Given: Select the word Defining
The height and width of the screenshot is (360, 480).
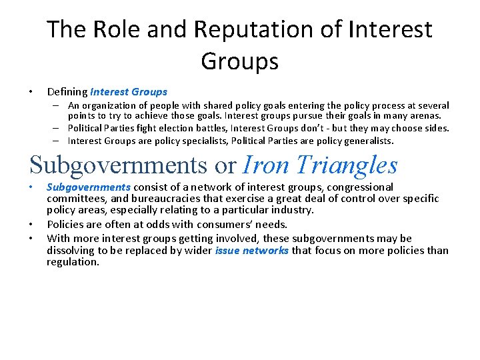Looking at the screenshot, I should [x=67, y=92].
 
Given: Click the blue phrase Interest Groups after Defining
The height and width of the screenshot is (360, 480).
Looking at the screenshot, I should [x=129, y=92].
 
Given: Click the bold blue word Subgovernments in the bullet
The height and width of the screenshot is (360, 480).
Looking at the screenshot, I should [x=89, y=187].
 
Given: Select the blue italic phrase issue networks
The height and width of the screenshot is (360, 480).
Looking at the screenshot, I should [x=252, y=251].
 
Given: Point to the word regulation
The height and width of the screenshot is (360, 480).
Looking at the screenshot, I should [x=73, y=262].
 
